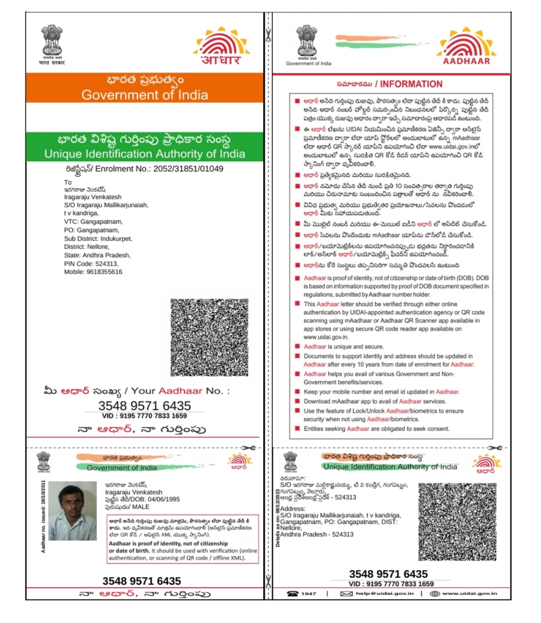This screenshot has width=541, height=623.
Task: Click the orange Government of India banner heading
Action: (144, 88)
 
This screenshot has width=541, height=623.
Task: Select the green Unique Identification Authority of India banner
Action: (144, 147)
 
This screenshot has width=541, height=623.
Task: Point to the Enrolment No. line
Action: (144, 169)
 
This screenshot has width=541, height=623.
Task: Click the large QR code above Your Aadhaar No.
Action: (209, 337)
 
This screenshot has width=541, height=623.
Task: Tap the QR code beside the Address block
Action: (457, 522)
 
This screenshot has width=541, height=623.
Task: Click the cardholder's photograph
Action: (72, 511)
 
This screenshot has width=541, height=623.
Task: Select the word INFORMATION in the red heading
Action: (411, 84)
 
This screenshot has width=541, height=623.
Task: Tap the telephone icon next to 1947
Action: (293, 594)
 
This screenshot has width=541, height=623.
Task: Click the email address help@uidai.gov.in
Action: (385, 594)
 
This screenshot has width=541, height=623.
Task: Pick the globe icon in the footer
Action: (435, 594)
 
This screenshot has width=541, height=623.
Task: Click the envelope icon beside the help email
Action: (346, 594)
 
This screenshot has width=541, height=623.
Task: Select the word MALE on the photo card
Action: (141, 507)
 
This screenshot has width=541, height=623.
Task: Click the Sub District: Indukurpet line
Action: (98, 239)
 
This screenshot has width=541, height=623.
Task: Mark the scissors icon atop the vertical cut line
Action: (267, 36)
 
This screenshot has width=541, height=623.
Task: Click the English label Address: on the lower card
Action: (293, 509)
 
